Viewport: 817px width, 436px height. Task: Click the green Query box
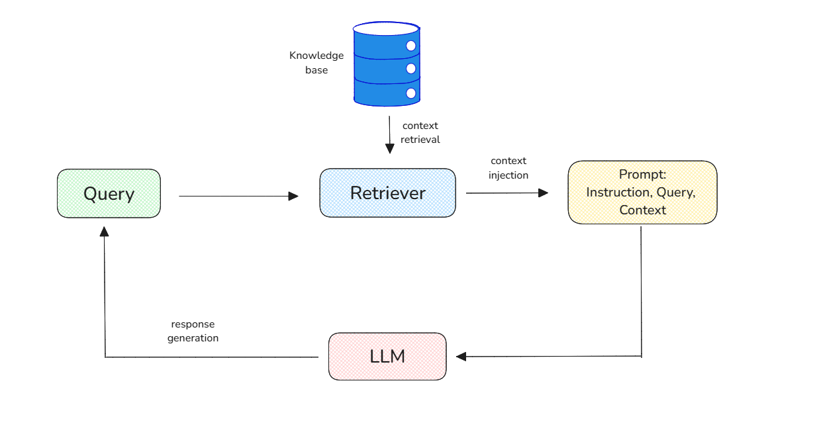coord(109,193)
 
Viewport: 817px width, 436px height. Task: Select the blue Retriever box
coord(387,193)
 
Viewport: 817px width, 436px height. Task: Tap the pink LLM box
coord(387,356)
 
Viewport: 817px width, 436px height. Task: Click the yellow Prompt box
coord(642,192)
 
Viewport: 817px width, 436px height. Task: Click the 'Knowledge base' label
coord(316,62)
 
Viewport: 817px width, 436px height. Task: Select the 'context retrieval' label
coord(420,132)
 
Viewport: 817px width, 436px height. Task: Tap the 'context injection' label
coord(508,168)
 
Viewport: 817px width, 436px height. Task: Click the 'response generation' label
coord(193,331)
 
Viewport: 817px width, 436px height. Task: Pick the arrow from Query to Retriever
coord(238,196)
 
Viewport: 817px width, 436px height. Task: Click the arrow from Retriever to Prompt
coord(506,193)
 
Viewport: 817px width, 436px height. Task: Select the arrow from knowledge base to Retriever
coord(389,135)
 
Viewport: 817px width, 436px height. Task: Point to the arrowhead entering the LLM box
coord(461,357)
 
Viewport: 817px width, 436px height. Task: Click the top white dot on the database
coord(410,46)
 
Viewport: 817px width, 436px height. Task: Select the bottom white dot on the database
coord(410,93)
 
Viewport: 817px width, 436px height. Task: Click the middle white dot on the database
coord(410,69)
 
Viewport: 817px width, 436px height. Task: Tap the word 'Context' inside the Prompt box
coord(642,210)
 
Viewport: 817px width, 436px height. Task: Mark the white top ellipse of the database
coord(386,28)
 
